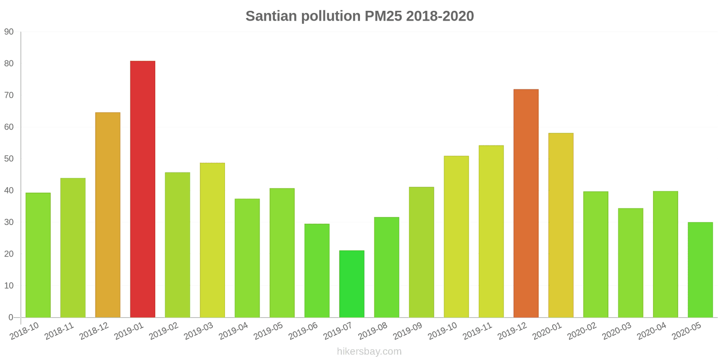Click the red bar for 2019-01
click(x=143, y=189)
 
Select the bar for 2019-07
click(x=351, y=284)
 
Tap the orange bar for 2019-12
click(x=526, y=203)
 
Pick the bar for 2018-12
click(x=108, y=215)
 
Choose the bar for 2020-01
click(x=561, y=225)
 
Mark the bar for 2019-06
click(x=317, y=270)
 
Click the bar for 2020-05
click(x=700, y=270)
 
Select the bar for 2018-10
click(x=38, y=255)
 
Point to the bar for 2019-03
click(x=212, y=240)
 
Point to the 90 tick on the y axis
click(x=9, y=32)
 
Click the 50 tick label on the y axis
click(x=9, y=159)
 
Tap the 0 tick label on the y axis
click(x=11, y=317)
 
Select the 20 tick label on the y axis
click(x=9, y=254)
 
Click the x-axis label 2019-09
click(x=408, y=332)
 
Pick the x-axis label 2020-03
click(x=616, y=332)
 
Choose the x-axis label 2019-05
click(x=268, y=332)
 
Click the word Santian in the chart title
click(x=271, y=16)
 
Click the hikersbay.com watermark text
click(x=369, y=351)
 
